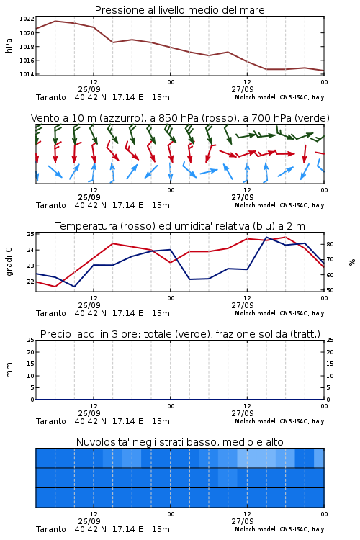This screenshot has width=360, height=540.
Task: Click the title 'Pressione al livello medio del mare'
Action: pyautogui.click(x=179, y=10)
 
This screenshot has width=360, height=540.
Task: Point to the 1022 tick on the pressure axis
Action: pyautogui.click(x=27, y=19)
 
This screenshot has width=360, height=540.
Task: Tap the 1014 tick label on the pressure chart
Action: pyautogui.click(x=27, y=74)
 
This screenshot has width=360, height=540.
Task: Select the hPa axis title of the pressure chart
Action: pyautogui.click(x=9, y=45)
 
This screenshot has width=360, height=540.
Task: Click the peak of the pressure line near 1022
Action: pyautogui.click(x=55, y=21)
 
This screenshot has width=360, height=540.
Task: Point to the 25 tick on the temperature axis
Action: pyautogui.click(x=30, y=234)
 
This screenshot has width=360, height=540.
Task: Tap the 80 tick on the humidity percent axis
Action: pyautogui.click(x=330, y=244)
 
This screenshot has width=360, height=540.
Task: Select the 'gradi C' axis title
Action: pyautogui.click(x=9, y=262)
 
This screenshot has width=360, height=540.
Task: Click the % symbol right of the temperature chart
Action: pyautogui.click(x=352, y=262)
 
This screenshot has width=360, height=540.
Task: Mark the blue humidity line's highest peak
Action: pyautogui.click(x=266, y=237)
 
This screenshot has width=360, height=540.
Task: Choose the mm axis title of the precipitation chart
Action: pyautogui.click(x=9, y=370)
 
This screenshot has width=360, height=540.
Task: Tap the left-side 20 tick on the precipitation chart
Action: pyautogui.click(x=30, y=352)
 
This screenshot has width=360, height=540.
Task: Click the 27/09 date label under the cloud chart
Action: pyautogui.click(x=243, y=521)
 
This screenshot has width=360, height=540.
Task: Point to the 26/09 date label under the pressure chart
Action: pyautogui.click(x=89, y=89)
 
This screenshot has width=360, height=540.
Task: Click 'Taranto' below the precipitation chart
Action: pyautogui.click(x=51, y=421)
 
